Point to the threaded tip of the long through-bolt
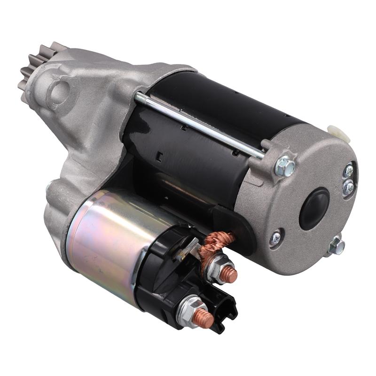139,97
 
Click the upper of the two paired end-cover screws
348,170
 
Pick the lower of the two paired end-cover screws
348,187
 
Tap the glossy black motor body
197,141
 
